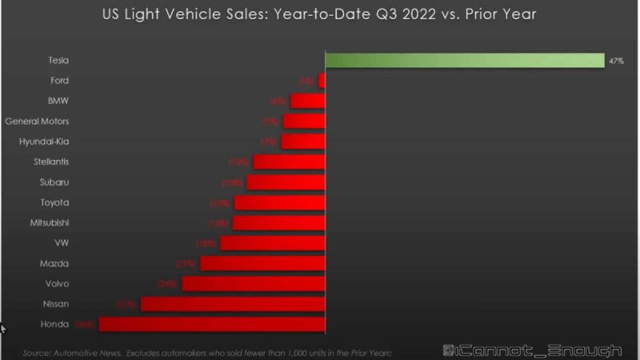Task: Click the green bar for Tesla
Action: point(464,61)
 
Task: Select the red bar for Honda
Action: point(212,324)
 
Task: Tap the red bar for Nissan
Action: point(233,304)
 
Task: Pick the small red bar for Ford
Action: point(322,81)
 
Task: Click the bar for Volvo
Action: point(254,283)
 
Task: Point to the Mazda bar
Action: point(262,263)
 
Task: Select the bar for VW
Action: point(273,243)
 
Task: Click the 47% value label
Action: point(616,62)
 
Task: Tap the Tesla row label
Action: point(58,61)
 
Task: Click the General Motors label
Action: point(37,122)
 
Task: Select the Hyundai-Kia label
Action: point(44,142)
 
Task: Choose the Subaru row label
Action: point(54,182)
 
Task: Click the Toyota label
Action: point(55,202)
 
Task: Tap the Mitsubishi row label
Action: point(50,223)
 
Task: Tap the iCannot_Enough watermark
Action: point(532,350)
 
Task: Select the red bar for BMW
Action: point(308,101)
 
